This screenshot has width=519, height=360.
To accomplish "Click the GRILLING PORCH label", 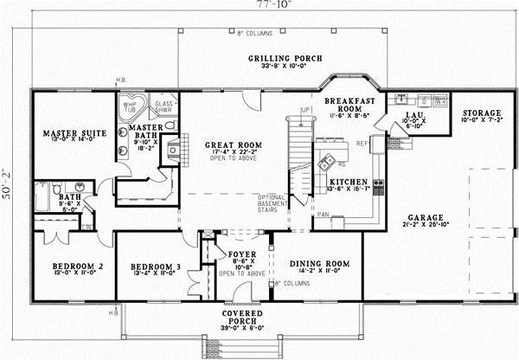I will (x=285, y=59).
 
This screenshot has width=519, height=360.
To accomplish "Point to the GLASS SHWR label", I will (x=164, y=106).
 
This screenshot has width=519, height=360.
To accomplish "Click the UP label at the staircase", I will (x=304, y=111).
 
